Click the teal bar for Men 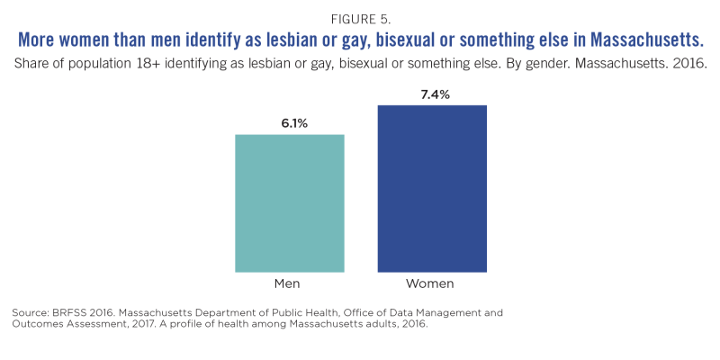tap(289, 202)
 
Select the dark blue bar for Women tap(432, 188)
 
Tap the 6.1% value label tap(289, 123)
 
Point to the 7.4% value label tap(432, 94)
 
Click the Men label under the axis tap(289, 283)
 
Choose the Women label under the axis tap(431, 283)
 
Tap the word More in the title tap(38, 41)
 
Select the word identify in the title tap(230, 41)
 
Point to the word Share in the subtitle tap(32, 65)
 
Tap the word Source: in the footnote tap(30, 312)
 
